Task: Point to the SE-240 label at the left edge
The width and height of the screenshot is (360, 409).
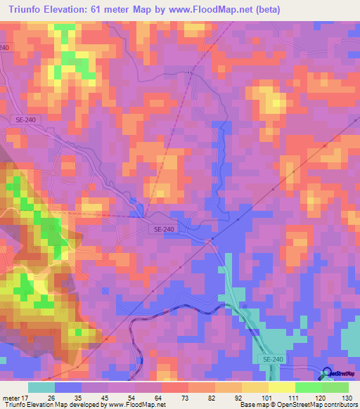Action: point(25,119)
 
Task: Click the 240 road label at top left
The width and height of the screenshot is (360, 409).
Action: point(6,46)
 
